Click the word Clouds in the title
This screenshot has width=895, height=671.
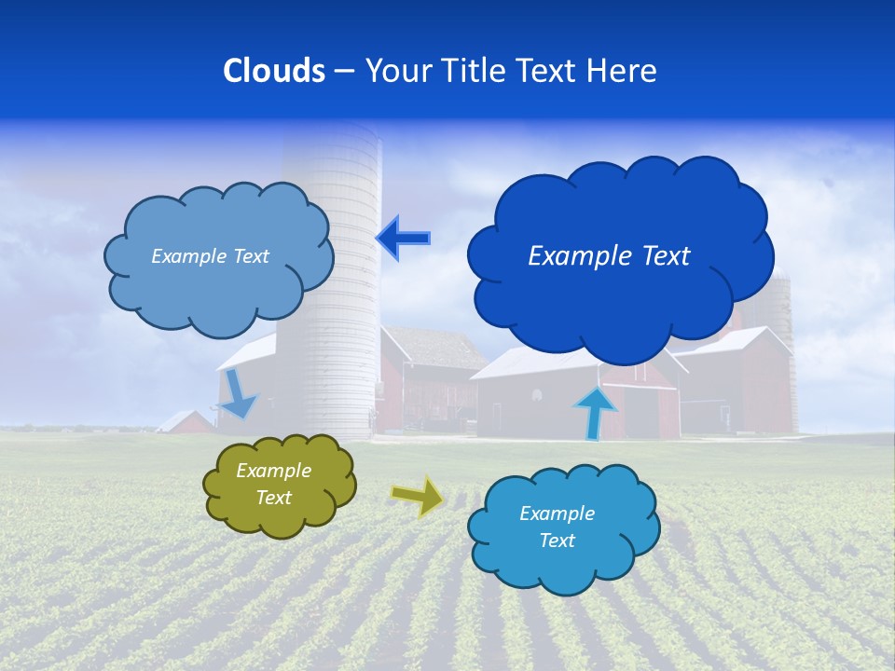tap(274, 71)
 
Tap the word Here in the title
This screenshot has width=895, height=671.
tap(624, 71)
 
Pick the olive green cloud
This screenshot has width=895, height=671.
tap(279, 485)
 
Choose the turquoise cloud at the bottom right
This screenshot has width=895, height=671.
tap(563, 527)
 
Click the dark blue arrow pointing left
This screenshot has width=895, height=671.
tap(403, 238)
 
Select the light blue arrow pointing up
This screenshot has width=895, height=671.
tap(595, 411)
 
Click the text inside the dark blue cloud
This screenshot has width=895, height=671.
tap(609, 256)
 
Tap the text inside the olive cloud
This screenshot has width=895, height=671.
tap(273, 485)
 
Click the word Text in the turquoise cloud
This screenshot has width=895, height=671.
tap(557, 541)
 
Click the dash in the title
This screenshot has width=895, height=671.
tap(344, 71)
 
